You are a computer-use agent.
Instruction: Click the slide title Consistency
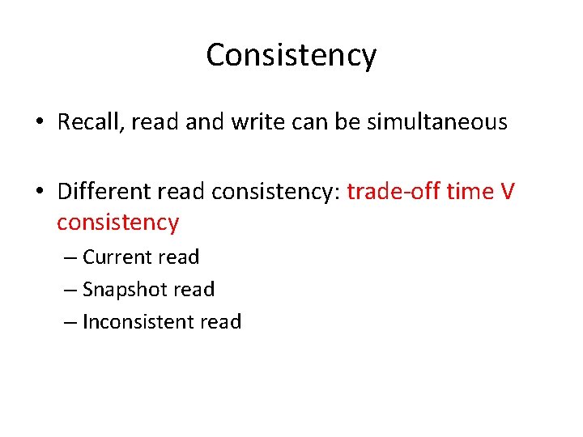(291, 55)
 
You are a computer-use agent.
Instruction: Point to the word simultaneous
(437, 122)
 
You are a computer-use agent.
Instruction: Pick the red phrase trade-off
(385, 192)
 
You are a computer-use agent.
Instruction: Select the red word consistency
(117, 222)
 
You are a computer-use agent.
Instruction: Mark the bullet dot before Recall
(40, 123)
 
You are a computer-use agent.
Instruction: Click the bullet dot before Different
(40, 193)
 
